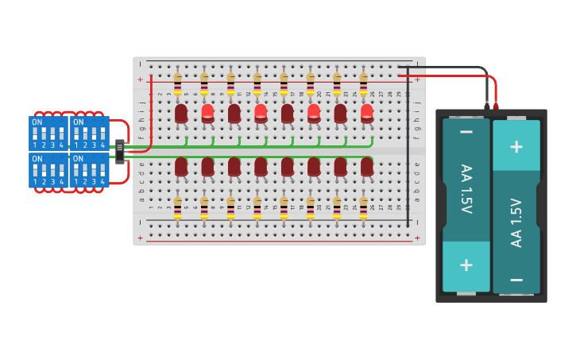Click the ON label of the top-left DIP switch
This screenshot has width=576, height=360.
click(37, 122)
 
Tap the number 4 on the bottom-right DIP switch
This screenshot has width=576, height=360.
click(102, 181)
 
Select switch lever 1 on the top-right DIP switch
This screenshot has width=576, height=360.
click(77, 135)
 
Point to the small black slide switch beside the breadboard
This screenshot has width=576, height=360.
click(119, 151)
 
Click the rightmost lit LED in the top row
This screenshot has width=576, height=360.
click(366, 113)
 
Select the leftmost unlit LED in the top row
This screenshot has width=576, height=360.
click(181, 113)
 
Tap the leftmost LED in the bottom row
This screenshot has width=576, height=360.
click(181, 165)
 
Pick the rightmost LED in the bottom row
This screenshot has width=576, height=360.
click(366, 165)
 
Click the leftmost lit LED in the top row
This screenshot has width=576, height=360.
click(207, 113)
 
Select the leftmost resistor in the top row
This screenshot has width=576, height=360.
click(177, 83)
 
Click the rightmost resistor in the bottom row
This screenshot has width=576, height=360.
click(363, 208)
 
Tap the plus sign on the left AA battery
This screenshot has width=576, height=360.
click(466, 265)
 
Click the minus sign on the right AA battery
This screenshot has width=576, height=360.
click(516, 279)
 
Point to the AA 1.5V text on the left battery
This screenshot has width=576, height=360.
click(466, 189)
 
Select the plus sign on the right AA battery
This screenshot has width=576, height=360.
click(516, 146)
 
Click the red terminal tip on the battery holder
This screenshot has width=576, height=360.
click(496, 106)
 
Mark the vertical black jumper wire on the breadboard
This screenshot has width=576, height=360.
click(408, 151)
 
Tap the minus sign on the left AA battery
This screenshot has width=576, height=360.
click(466, 132)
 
